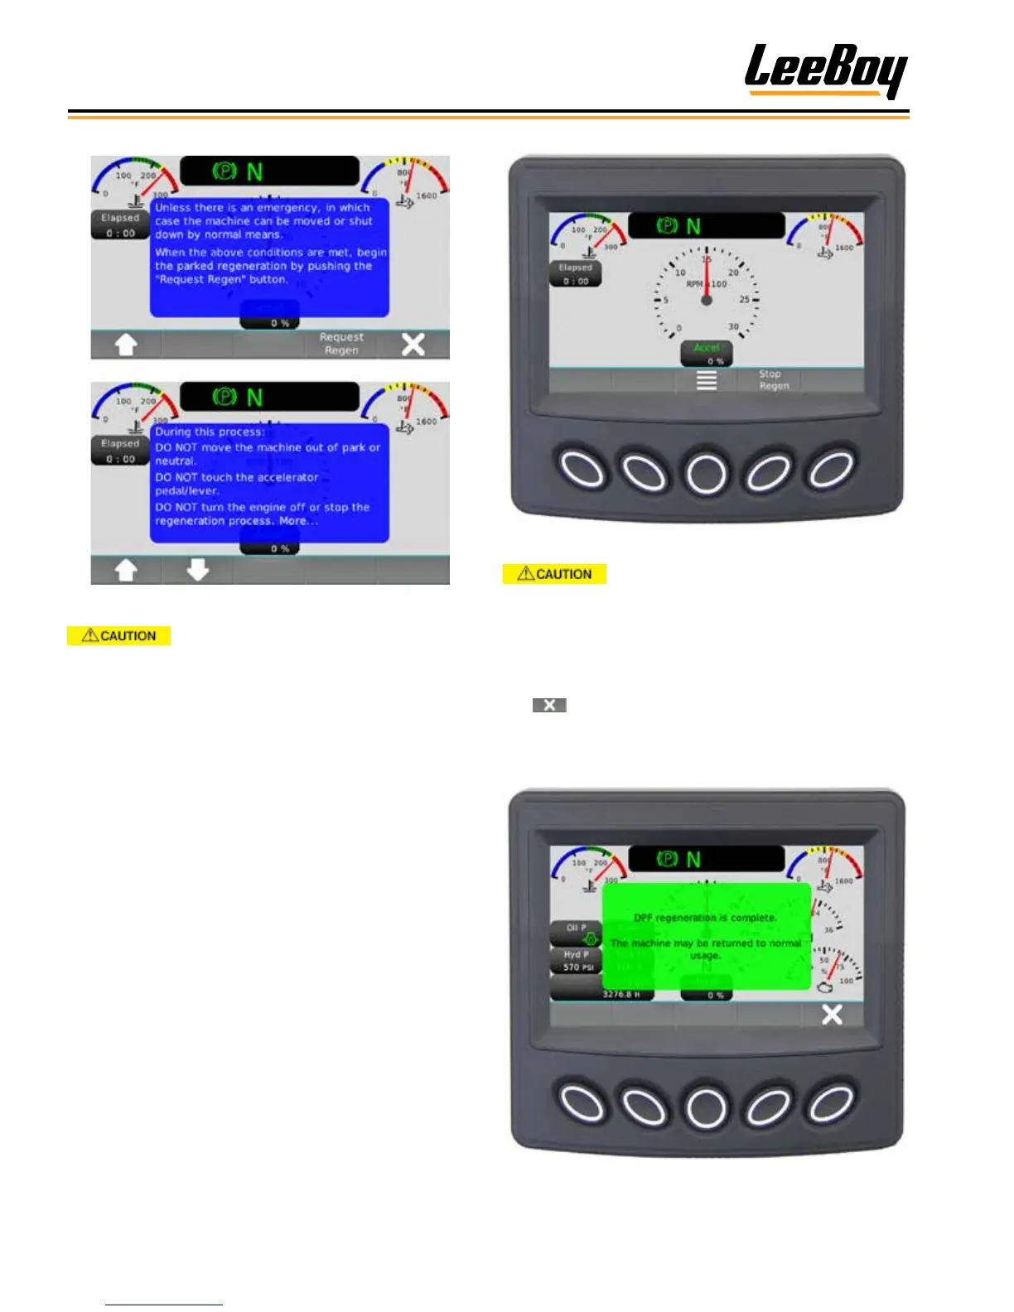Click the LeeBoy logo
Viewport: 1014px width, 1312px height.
point(825,70)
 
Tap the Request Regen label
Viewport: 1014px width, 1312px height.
point(342,344)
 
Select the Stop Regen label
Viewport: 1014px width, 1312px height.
point(774,379)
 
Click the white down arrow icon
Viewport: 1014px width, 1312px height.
point(197,570)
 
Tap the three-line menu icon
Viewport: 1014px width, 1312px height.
point(706,380)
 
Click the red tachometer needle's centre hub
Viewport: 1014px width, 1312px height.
point(706,300)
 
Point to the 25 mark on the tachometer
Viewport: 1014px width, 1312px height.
point(744,299)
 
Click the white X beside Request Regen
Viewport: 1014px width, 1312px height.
point(413,345)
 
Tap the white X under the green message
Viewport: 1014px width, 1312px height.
point(832,1015)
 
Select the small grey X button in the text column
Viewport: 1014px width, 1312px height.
point(549,705)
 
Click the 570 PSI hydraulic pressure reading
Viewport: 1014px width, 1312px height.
point(578,967)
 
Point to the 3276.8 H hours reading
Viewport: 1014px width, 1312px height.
point(626,994)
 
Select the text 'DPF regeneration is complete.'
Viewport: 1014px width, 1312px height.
point(705,918)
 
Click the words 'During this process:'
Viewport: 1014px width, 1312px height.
point(210,432)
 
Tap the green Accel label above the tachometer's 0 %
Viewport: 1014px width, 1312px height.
point(707,348)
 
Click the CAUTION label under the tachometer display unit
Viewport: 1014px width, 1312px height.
point(554,574)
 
